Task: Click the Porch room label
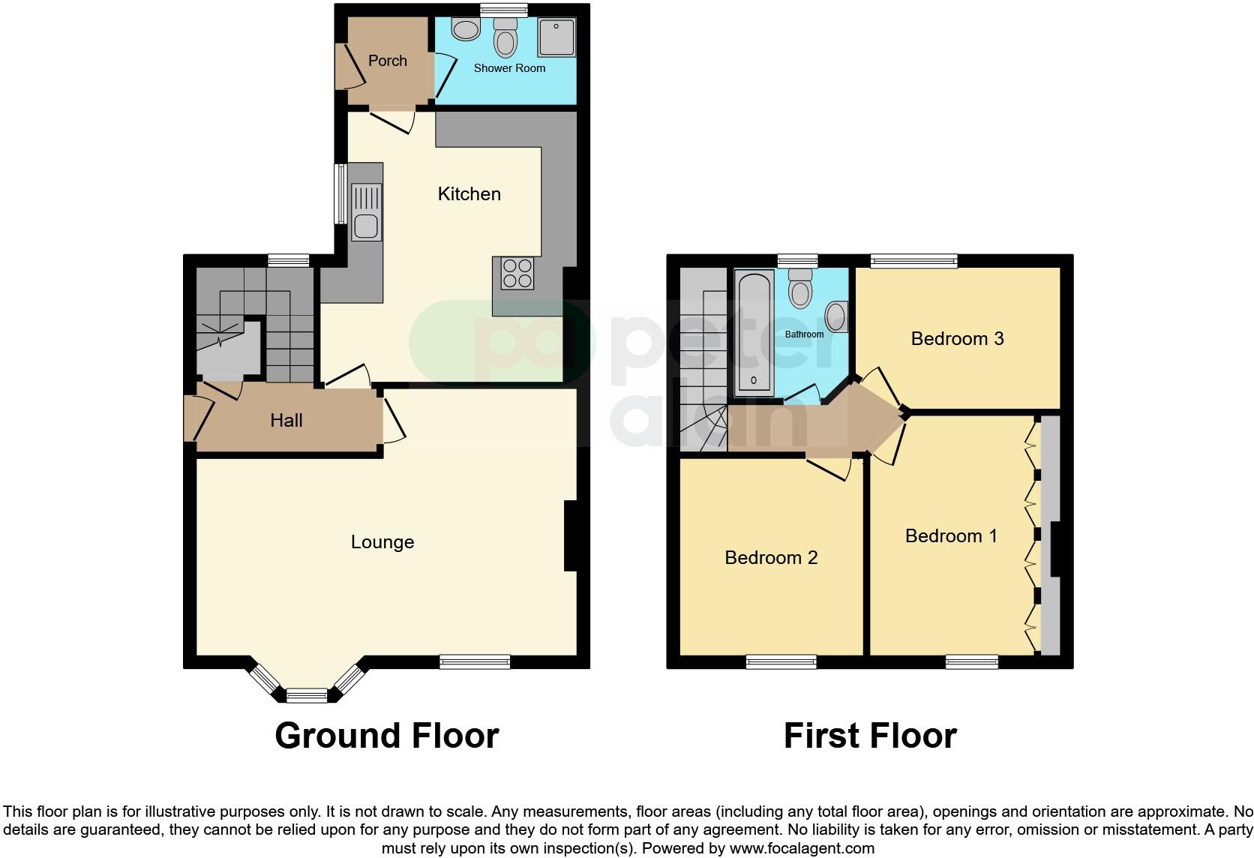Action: [387, 61]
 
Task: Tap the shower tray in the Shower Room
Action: [556, 37]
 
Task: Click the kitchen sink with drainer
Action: [367, 213]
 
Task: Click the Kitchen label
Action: [469, 194]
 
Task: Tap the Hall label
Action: [286, 421]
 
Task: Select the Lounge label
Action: [382, 542]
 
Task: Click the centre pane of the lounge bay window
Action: [307, 696]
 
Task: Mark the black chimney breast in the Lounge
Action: [570, 536]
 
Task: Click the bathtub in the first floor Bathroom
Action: [754, 333]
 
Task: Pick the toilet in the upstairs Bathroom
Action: [801, 289]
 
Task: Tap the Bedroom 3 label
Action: [957, 339]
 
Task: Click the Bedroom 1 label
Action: [951, 536]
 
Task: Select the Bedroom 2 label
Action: [771, 558]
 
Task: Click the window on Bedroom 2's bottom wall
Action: [781, 661]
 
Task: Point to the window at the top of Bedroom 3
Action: [913, 261]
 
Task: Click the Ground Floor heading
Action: [386, 736]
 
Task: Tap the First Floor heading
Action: [870, 736]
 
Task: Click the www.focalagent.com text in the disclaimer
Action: [802, 849]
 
